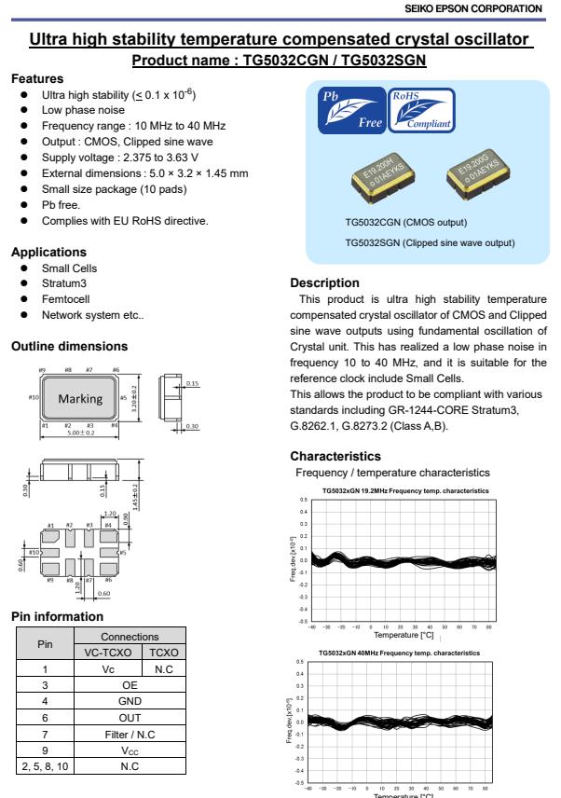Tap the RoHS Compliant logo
pyautogui.click(x=422, y=110)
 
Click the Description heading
pyautogui.click(x=323, y=282)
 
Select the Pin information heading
pyautogui.click(x=54, y=615)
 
